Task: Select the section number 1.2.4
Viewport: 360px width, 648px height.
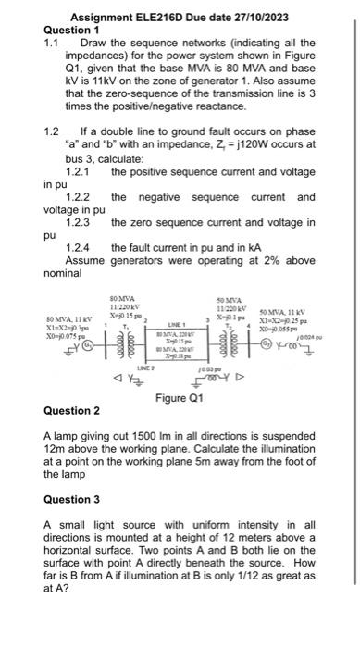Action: pyautogui.click(x=78, y=248)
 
